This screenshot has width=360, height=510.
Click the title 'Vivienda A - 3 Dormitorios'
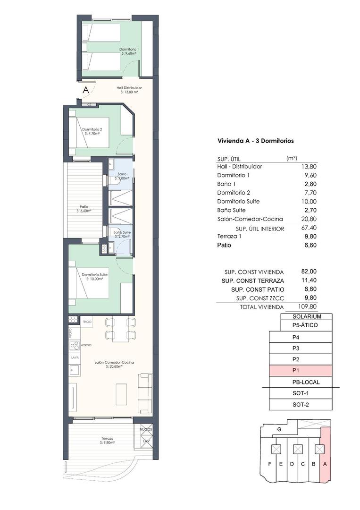pyautogui.click(x=255, y=141)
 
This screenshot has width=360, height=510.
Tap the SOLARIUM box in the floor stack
pyautogui.click(x=307, y=316)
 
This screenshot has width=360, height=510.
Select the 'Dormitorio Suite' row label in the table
pyautogui.click(x=238, y=202)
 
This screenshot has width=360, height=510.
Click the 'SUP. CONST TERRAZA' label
pyautogui.click(x=252, y=280)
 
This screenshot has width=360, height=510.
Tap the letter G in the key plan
pyautogui.click(x=279, y=429)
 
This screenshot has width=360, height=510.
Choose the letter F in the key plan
pyautogui.click(x=269, y=464)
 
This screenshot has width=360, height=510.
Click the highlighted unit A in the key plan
pyautogui.click(x=325, y=464)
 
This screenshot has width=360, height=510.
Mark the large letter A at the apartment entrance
pyautogui.click(x=85, y=90)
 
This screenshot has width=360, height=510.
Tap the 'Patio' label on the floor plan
pyautogui.click(x=84, y=207)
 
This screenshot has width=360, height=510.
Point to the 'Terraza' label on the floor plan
pyautogui.click(x=107, y=439)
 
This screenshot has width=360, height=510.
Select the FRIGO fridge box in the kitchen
pyautogui.click(x=86, y=321)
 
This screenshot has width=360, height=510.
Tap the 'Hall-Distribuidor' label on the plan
pyautogui.click(x=129, y=88)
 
